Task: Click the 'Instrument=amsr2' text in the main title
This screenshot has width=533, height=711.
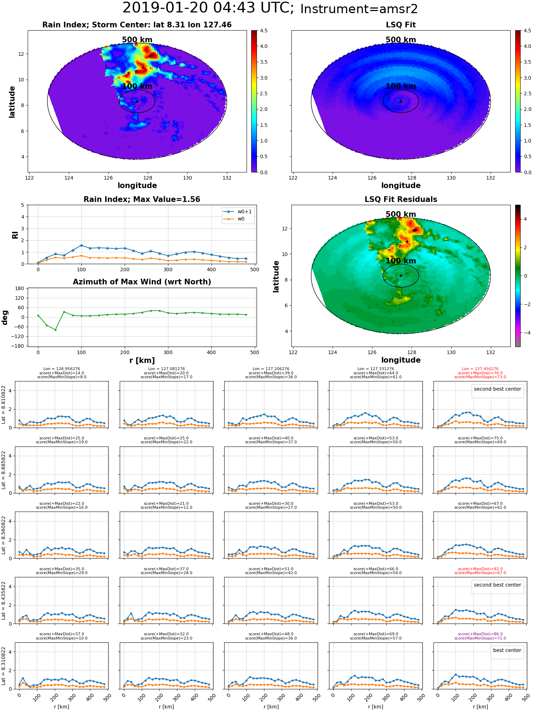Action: pos(359,9)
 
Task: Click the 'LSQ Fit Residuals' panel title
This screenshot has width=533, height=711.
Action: pos(401,199)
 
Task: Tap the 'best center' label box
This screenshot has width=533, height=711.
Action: pos(507,650)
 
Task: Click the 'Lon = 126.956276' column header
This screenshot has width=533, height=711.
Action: pos(61,369)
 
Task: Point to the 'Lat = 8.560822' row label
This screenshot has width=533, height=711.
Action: pos(4,535)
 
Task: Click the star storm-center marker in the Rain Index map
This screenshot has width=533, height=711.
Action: pos(137,101)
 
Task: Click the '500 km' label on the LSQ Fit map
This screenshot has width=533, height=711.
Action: pos(401,40)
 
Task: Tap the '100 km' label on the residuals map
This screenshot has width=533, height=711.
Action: pos(401,261)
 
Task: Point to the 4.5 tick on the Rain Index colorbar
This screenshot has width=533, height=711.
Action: pos(263,31)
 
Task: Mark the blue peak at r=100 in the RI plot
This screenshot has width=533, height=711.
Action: pos(81,245)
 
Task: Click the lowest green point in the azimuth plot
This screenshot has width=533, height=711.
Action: pos(55,330)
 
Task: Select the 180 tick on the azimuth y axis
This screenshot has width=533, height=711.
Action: pos(20,288)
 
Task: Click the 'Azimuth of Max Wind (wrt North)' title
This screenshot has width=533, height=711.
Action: pos(142,282)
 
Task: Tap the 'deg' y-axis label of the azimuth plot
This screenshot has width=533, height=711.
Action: pos(5,317)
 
